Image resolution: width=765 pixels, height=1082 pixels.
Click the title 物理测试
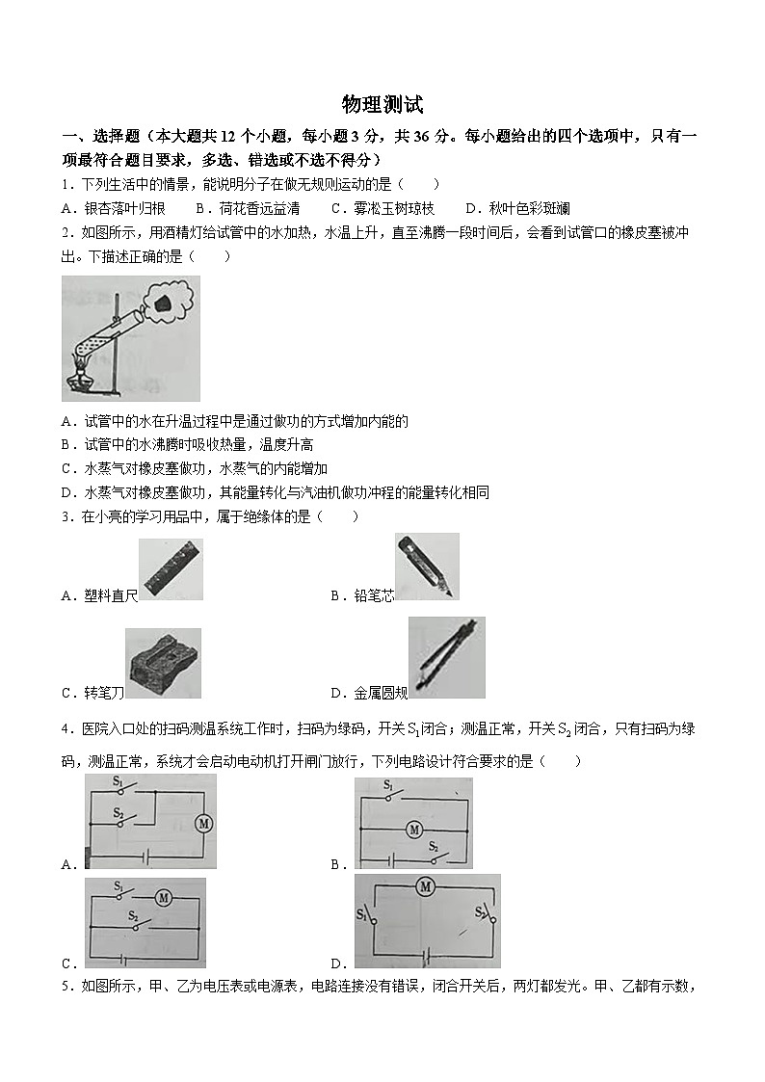[x=382, y=105]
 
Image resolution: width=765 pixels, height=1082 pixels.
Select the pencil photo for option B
[x=427, y=567]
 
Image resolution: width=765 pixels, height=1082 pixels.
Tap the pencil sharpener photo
[x=162, y=664]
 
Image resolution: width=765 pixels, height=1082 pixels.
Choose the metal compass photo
[x=445, y=658]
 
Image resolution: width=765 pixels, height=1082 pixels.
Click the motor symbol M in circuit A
[x=203, y=823]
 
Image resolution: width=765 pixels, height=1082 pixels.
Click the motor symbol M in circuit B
[x=414, y=829]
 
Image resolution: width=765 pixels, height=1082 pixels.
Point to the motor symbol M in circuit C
[x=163, y=897]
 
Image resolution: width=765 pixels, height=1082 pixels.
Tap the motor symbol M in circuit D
[x=426, y=886]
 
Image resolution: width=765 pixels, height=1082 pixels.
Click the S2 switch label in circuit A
[x=119, y=813]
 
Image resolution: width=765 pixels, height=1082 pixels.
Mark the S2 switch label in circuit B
[x=434, y=846]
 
